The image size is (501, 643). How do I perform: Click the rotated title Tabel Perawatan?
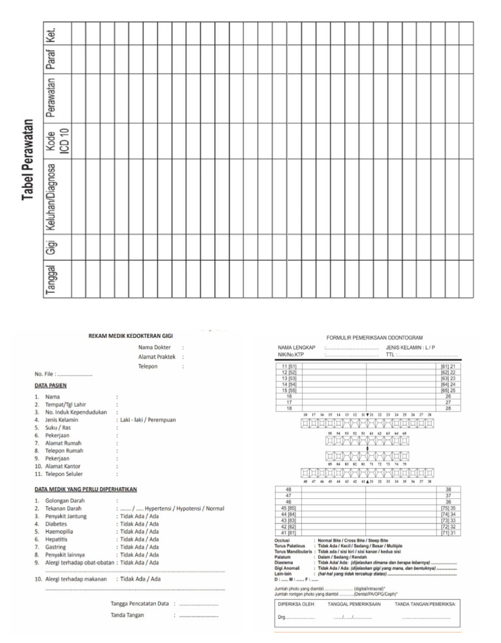(x=27, y=160)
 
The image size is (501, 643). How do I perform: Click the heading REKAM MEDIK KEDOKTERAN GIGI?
(x=130, y=335)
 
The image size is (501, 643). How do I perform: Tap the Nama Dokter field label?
(x=155, y=347)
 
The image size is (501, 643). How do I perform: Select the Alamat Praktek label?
(x=157, y=357)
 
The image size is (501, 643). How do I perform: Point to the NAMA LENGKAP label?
(x=296, y=348)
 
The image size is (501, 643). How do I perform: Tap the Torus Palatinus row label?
(x=291, y=546)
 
